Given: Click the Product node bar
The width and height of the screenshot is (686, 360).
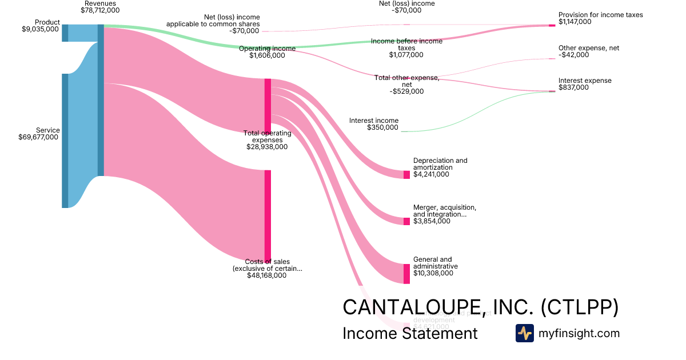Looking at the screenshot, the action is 65,33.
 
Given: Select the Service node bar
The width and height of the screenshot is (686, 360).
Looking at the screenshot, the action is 65,141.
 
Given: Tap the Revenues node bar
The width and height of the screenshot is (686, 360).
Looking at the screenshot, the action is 101,100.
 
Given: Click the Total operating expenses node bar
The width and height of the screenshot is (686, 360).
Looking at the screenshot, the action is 268,106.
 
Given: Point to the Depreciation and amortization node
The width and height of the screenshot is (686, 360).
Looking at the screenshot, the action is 406,175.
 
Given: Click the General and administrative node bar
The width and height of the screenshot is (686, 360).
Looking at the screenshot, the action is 406,274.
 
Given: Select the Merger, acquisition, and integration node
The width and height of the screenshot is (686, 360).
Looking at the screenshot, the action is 406,221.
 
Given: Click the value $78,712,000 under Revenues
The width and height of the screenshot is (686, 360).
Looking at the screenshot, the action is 100,10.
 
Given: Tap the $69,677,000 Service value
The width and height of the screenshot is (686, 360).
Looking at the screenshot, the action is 39,137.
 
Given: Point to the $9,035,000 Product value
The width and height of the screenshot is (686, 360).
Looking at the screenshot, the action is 40,29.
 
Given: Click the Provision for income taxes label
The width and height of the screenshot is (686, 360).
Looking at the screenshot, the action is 600,15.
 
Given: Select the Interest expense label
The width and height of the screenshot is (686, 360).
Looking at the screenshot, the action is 585,81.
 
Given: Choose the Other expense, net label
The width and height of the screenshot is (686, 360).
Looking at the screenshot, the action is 589,48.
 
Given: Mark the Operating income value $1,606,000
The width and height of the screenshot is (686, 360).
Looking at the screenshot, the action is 267,55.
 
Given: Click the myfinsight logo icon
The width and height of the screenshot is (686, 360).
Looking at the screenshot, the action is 524,333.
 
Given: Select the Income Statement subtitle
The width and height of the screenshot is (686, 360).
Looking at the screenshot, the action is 410,333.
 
